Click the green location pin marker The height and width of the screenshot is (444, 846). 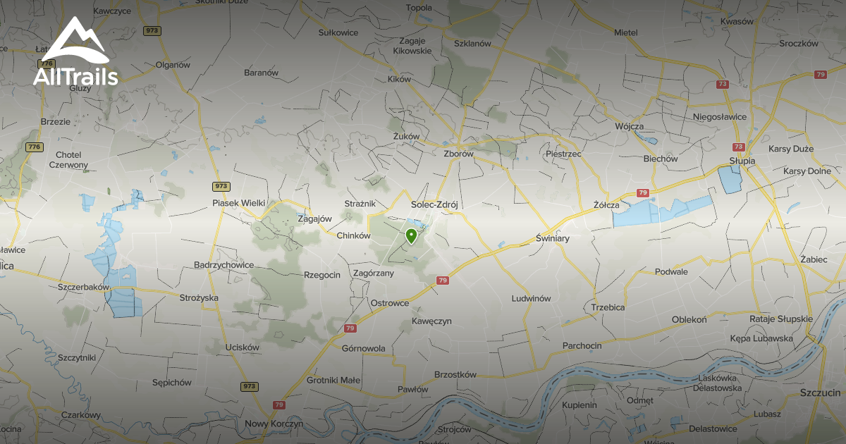tap(410, 235)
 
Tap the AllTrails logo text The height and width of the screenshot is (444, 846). tap(75, 77)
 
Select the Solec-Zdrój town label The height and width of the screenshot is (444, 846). tap(434, 204)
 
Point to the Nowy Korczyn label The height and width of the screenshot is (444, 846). tap(274, 424)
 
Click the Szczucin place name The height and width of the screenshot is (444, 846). tap(820, 392)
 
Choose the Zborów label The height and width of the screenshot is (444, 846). tap(458, 153)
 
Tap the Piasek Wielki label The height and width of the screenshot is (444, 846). tap(238, 203)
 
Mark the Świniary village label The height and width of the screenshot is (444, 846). tap(552, 239)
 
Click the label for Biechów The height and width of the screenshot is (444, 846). tap(661, 159)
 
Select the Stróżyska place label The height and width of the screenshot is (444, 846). tap(198, 297)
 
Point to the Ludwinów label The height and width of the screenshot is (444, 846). tap(531, 298)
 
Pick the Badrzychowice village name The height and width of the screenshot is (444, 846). tap(223, 265)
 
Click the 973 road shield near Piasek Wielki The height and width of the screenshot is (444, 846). tap(221, 186)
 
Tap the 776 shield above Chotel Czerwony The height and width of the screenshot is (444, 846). tap(33, 147)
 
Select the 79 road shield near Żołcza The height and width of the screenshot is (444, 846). tap(642, 192)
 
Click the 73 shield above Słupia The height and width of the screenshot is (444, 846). tap(738, 147)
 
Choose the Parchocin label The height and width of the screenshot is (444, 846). tap(582, 345)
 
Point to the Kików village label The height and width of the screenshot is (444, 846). tap(399, 80)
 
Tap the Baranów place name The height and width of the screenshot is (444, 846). tap(261, 73)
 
